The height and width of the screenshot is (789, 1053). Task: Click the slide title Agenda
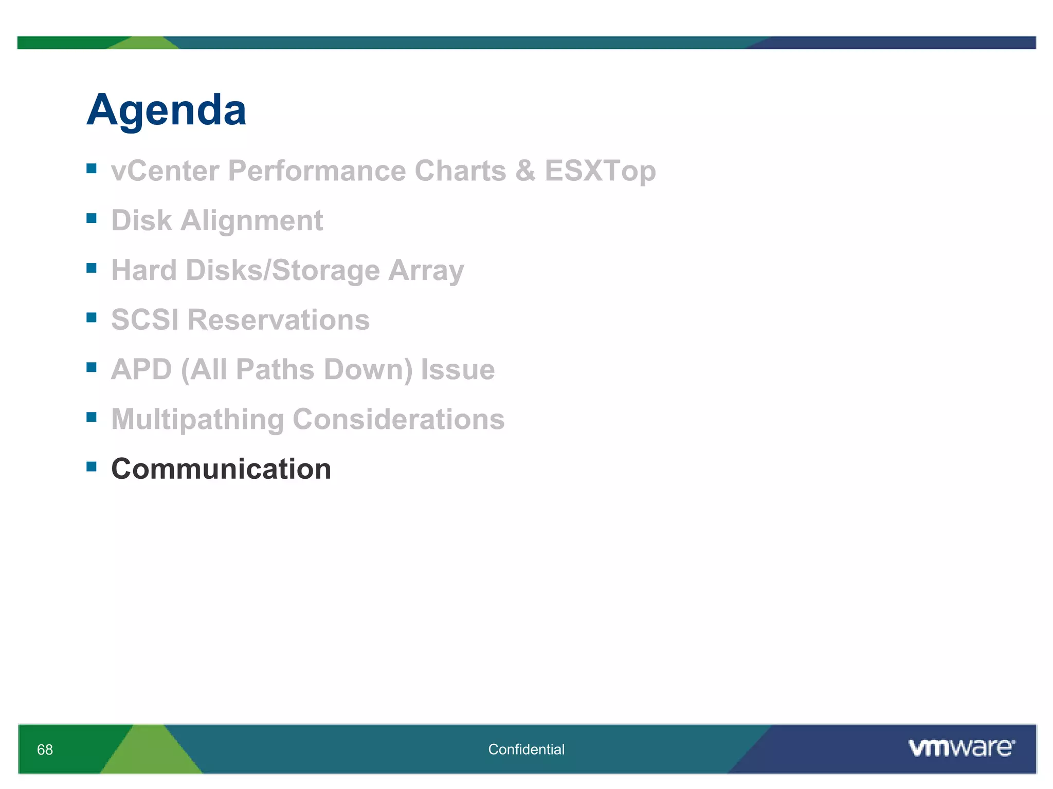166,110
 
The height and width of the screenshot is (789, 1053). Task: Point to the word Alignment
251,220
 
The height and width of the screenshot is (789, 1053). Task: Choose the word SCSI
144,320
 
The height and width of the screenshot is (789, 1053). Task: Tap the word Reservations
278,320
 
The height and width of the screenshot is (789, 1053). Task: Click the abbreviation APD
141,369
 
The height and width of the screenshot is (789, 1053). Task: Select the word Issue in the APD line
458,369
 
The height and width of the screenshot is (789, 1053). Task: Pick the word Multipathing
197,419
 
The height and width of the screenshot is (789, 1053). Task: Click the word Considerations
398,419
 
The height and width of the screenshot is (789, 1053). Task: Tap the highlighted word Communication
221,469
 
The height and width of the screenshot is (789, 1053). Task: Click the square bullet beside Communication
92,466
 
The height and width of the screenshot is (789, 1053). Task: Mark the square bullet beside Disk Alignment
92,218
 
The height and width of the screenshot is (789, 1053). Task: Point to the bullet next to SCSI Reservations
92,317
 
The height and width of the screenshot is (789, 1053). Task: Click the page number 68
45,749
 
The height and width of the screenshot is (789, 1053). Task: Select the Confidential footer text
526,749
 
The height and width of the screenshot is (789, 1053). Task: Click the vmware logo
961,748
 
